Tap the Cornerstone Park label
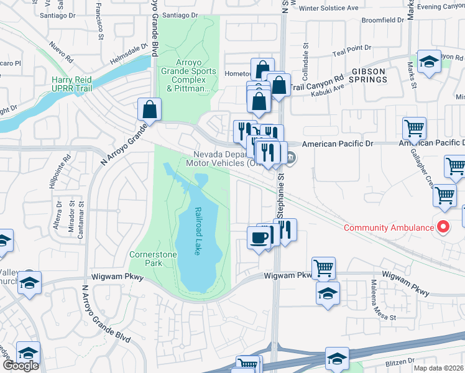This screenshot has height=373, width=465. [153, 259]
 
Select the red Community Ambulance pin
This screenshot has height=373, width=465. [443, 228]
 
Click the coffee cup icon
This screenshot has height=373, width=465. [259, 237]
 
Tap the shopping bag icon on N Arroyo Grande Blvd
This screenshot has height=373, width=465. [150, 110]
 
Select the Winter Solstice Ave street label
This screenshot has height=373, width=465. [329, 8]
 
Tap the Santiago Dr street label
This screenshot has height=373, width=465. [180, 14]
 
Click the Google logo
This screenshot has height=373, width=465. [21, 366]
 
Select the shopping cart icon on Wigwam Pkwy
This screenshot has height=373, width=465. [323, 269]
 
